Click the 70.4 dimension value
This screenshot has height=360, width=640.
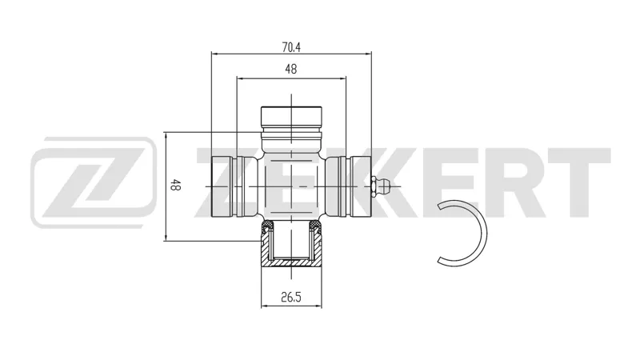pyautogui.click(x=291, y=47)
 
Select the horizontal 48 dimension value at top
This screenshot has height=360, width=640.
pyautogui.click(x=291, y=70)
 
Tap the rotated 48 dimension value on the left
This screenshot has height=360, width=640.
pyautogui.click(x=175, y=185)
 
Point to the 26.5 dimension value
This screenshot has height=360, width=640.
pyautogui.click(x=291, y=297)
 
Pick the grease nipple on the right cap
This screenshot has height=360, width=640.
pyautogui.click(x=381, y=186)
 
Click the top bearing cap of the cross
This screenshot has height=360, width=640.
pyautogui.click(x=291, y=117)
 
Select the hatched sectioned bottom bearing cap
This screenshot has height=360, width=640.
pyautogui.click(x=291, y=245)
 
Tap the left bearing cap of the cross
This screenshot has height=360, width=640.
pyautogui.click(x=222, y=186)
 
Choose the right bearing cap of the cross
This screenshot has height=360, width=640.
pyautogui.click(x=360, y=186)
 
